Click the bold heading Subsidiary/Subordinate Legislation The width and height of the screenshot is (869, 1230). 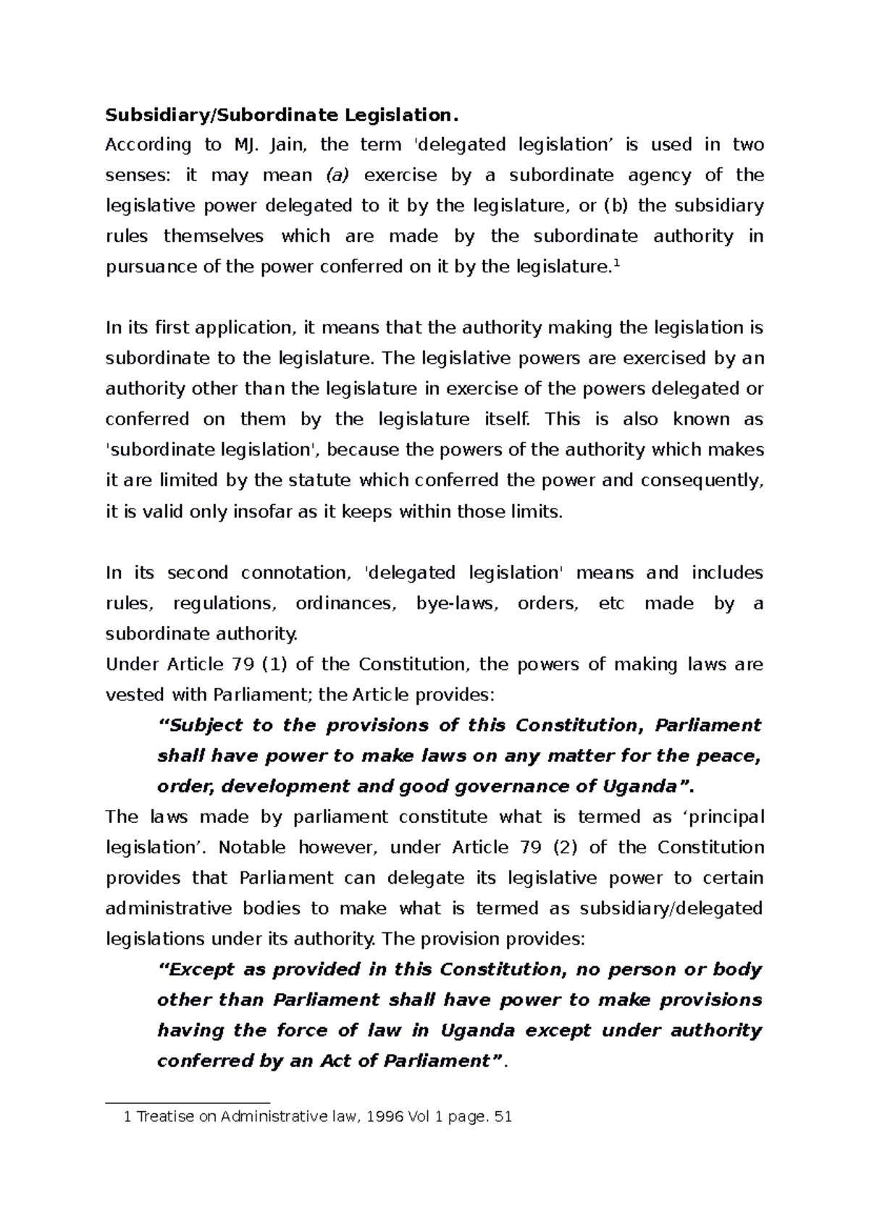pyautogui.click(x=282, y=114)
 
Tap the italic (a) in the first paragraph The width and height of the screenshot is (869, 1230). pyautogui.click(x=337, y=175)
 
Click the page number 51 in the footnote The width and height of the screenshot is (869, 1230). pyautogui.click(x=502, y=1117)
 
